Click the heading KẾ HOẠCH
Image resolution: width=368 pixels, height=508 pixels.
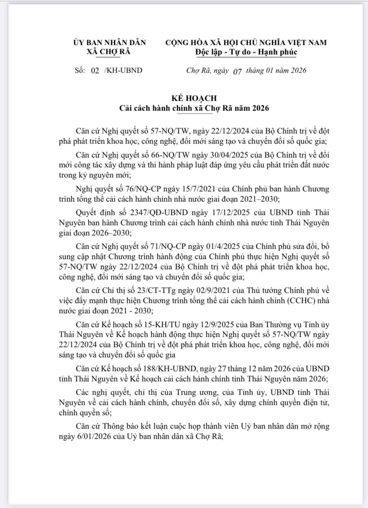194,99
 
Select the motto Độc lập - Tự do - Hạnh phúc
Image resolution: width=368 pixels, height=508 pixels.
246,52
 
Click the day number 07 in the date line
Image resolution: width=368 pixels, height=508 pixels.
237,71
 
